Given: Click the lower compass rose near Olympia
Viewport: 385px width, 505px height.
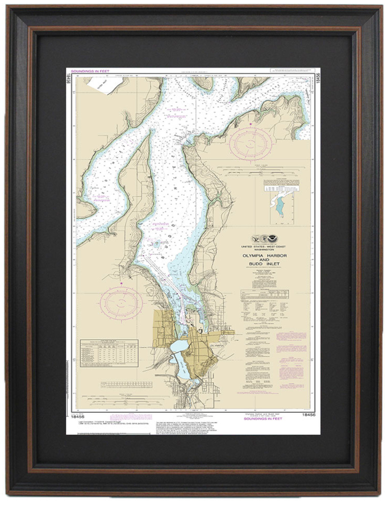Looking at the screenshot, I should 121,303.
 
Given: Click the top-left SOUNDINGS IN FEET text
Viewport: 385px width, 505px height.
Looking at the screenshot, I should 90,71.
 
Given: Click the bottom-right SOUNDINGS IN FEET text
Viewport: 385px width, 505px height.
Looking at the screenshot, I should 263,418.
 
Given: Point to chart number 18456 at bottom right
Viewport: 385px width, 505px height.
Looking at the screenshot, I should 309,415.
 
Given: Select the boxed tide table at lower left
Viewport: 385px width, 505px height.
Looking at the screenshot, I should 109,353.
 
